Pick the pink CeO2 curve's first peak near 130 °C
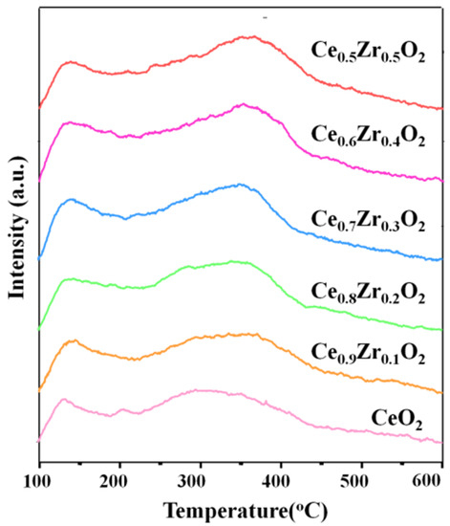pos(63,400)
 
